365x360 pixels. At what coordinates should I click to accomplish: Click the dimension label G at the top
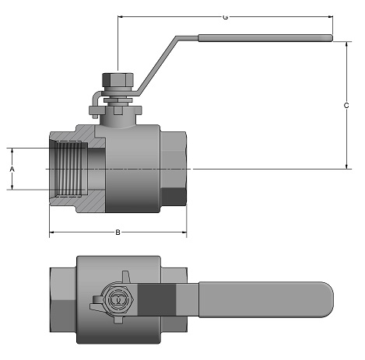(x=225, y=17)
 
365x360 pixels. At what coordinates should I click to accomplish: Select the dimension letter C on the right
(x=346, y=106)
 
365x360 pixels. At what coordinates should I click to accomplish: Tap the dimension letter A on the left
(x=12, y=169)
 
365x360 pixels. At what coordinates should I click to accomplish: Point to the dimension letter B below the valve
(x=118, y=232)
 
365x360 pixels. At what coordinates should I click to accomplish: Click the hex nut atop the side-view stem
(x=118, y=79)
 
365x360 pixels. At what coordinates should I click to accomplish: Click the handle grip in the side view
(x=265, y=38)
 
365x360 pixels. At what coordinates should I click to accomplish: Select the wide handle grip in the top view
(x=266, y=299)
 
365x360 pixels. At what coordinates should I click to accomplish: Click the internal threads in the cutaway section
(x=70, y=169)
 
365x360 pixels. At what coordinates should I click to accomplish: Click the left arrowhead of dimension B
(x=51, y=232)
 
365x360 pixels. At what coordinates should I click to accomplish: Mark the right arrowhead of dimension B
(x=184, y=232)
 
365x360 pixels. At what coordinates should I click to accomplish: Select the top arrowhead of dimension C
(x=346, y=44)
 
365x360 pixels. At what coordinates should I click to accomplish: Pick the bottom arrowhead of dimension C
(x=346, y=166)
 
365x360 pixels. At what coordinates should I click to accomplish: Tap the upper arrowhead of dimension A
(x=12, y=151)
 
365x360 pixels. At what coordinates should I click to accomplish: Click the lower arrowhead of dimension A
(x=12, y=187)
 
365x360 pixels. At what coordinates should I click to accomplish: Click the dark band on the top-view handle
(x=156, y=300)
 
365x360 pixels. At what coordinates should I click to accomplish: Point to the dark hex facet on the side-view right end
(x=173, y=196)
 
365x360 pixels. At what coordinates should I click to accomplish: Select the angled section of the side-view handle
(x=156, y=65)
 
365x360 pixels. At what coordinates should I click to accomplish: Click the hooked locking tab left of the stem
(x=97, y=103)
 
